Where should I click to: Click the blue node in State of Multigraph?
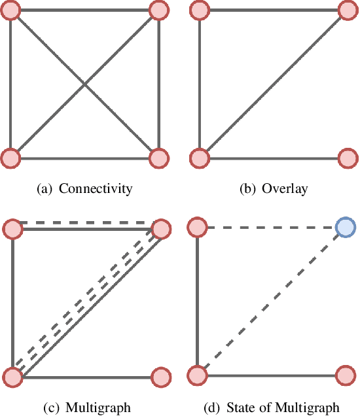point(345,228)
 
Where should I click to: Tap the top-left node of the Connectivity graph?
point(12,10)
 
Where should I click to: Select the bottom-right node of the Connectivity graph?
point(159,158)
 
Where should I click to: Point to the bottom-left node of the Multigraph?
point(12,377)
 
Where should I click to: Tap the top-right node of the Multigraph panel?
point(160,229)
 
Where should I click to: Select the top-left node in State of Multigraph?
point(198,228)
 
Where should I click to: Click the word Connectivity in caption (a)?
point(96,190)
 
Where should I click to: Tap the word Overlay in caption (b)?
point(284,190)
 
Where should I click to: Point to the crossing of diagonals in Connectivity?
point(85,84)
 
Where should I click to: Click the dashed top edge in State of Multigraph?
point(271,228)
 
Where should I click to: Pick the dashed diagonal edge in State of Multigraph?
point(271,302)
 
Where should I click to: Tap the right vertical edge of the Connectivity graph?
point(159,84)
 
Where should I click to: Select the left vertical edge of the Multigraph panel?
point(12,302)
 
